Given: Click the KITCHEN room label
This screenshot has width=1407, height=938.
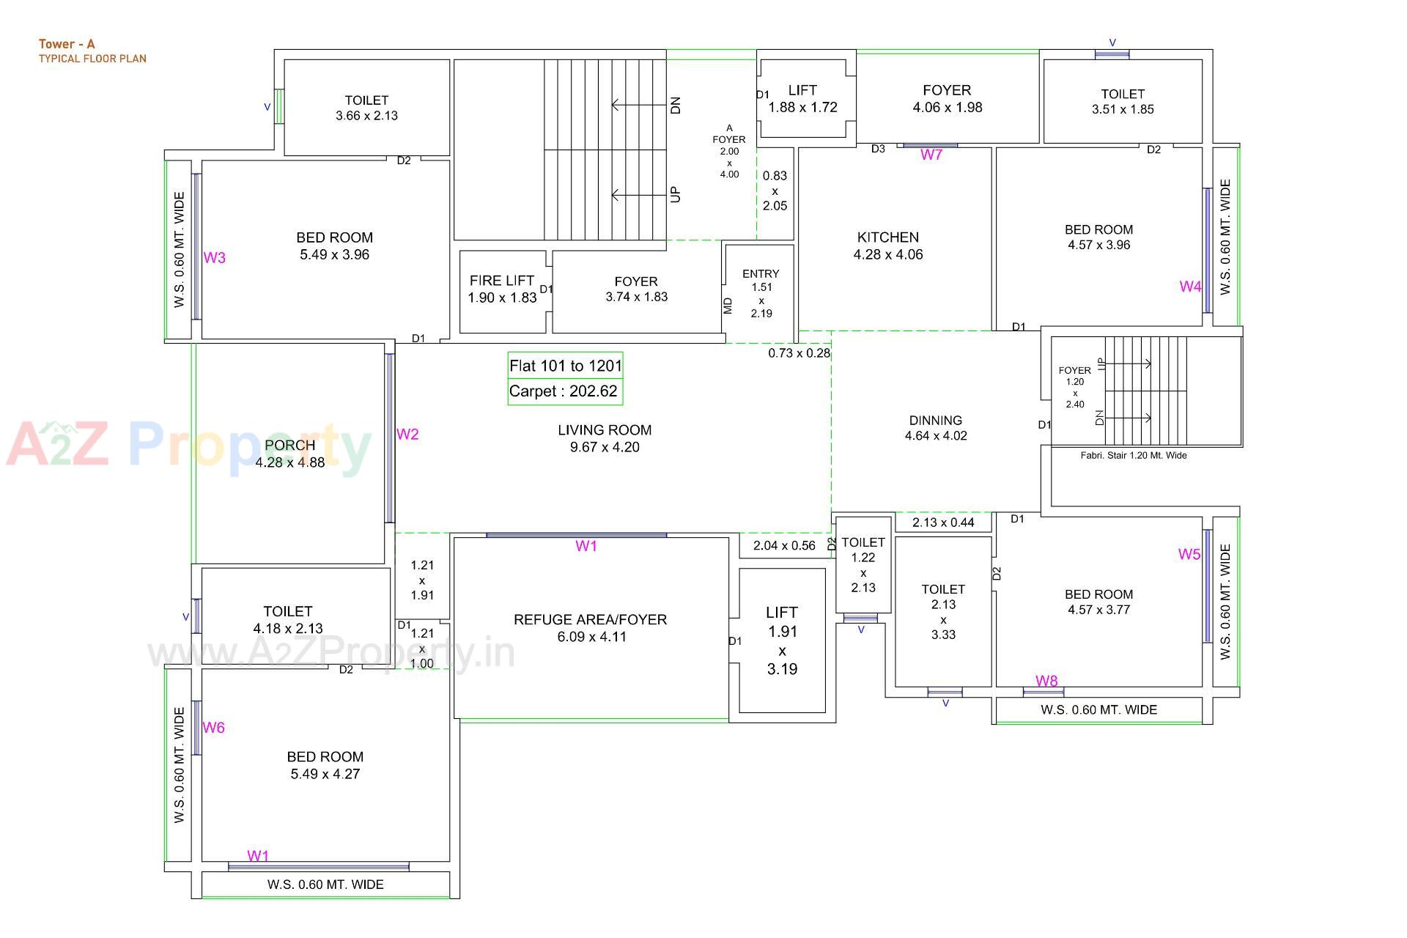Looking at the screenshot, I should click(x=887, y=237).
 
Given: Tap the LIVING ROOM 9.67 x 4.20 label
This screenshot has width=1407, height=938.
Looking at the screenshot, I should click(x=605, y=438).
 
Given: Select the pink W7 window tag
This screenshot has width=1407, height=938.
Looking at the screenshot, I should click(x=931, y=155).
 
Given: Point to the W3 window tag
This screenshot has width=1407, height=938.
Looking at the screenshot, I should click(x=214, y=258).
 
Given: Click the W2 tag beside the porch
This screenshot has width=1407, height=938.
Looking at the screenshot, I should click(x=407, y=435).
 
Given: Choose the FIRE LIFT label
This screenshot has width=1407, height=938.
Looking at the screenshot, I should click(x=502, y=281).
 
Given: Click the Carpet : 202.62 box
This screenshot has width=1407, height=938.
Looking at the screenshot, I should click(x=564, y=391).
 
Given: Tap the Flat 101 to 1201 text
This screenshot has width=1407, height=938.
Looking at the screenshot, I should click(x=565, y=366).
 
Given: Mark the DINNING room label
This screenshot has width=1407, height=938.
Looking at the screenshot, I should click(x=935, y=421).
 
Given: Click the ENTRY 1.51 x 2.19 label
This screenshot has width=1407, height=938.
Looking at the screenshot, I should click(x=761, y=293).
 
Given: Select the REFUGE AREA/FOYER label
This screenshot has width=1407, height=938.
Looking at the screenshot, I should click(x=590, y=620).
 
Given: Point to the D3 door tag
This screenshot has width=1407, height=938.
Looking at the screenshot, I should click(x=878, y=149).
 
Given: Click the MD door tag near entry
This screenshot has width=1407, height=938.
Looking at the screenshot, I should click(x=728, y=306).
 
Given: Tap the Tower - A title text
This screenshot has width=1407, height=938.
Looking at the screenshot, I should click(x=67, y=44).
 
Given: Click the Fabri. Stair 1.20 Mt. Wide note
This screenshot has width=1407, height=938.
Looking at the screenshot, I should click(x=1133, y=456).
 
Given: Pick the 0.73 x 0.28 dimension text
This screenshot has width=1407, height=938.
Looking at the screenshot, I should click(x=799, y=353).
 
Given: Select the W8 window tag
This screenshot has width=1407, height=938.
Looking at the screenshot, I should click(x=1046, y=681).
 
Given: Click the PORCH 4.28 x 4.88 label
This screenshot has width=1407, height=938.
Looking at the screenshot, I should click(x=290, y=454).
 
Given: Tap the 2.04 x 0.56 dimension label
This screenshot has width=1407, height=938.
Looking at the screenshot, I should click(x=784, y=545).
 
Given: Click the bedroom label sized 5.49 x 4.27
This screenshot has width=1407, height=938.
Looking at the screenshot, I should click(x=325, y=765).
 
